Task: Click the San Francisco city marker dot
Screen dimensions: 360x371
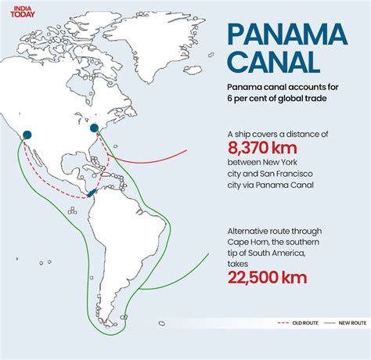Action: (x=27, y=135)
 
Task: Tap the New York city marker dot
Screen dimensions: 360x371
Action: (x=95, y=128)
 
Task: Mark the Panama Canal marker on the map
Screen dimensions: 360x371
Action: (x=92, y=191)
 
